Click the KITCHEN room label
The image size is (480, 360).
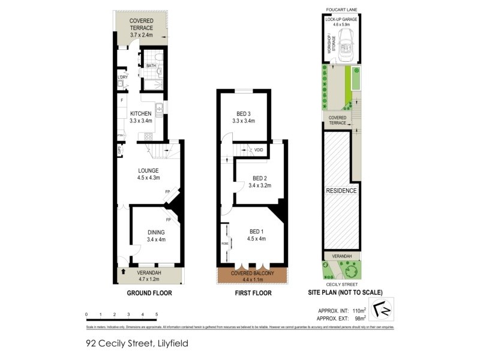click(142, 114)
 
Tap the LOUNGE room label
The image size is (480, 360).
click(147, 170)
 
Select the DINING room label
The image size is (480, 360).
click(155, 232)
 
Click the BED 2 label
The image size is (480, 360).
click(260, 178)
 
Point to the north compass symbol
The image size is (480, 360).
click(381, 312)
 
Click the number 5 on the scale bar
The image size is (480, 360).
click(157, 314)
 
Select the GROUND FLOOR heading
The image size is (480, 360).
click(149, 293)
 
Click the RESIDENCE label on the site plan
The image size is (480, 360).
click(341, 191)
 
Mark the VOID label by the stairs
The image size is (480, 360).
click(259, 150)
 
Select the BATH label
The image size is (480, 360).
click(151, 66)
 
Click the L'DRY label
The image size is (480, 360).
click(122, 77)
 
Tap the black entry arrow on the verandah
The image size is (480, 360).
click(124, 271)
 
